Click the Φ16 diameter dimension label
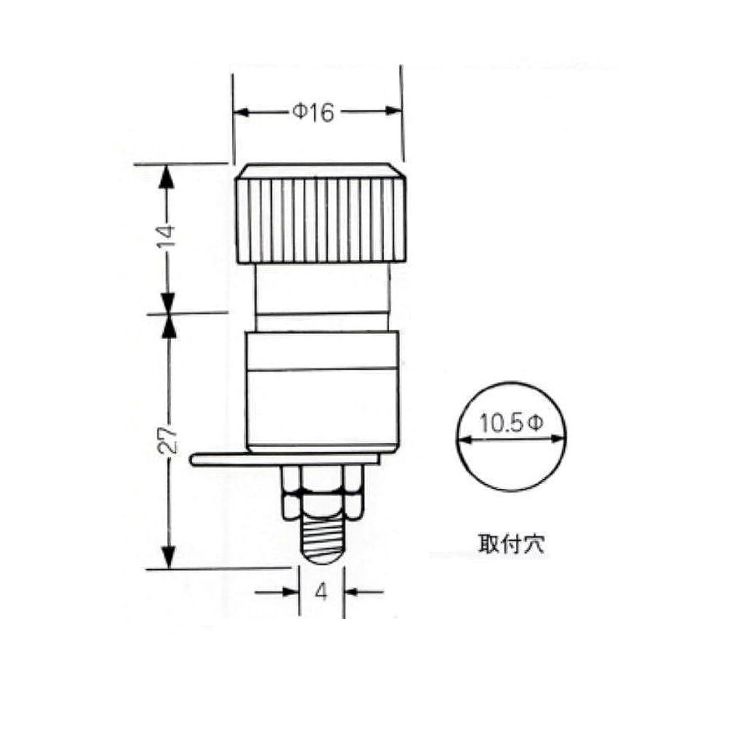[313, 112]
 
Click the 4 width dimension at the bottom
[321, 591]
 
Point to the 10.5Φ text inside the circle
[511, 423]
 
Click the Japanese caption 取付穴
[510, 543]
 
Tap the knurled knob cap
[321, 214]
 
